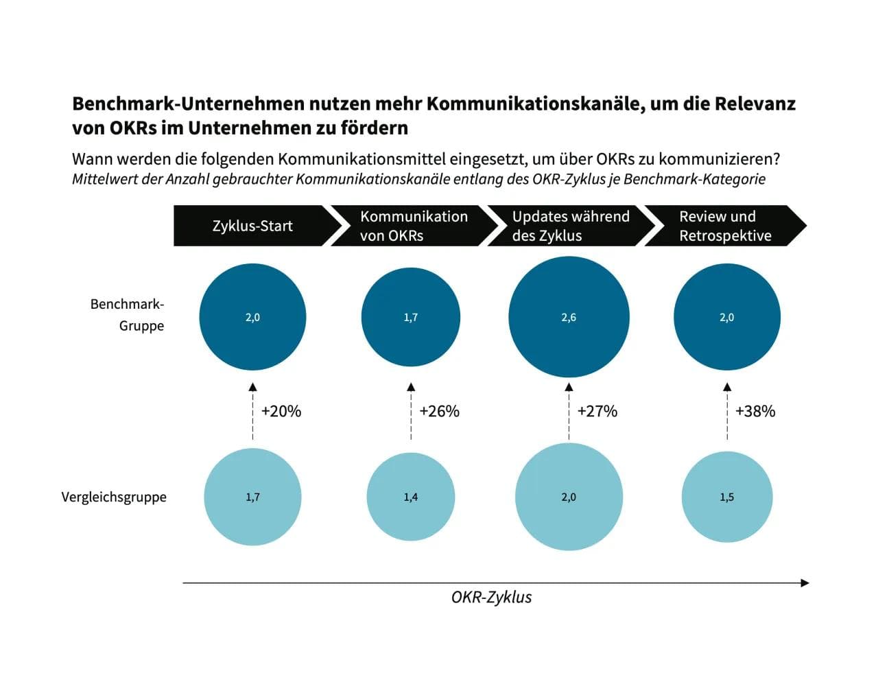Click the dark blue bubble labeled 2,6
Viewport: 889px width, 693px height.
click(x=569, y=317)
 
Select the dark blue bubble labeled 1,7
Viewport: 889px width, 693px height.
click(x=410, y=317)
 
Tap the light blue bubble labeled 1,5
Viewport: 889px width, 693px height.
click(x=726, y=497)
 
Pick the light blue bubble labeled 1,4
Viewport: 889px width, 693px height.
click(x=410, y=497)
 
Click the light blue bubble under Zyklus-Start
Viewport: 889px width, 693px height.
click(x=252, y=497)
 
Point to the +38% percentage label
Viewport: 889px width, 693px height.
click(x=755, y=411)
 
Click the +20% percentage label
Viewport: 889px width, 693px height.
click(x=281, y=411)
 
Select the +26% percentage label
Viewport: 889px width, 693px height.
click(x=439, y=411)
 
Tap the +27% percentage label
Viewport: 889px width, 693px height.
click(x=597, y=411)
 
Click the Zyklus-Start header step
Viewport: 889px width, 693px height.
click(x=252, y=226)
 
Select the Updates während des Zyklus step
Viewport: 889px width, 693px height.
click(x=569, y=226)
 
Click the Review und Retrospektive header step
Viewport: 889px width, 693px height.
click(x=724, y=226)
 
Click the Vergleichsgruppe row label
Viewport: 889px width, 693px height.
click(x=114, y=497)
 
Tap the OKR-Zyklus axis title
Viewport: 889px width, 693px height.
click(x=491, y=597)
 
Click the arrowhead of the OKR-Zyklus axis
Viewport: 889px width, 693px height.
click(x=805, y=583)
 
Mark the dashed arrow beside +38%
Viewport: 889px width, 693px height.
click(x=727, y=412)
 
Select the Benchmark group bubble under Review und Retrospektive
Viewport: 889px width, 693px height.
click(x=726, y=317)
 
